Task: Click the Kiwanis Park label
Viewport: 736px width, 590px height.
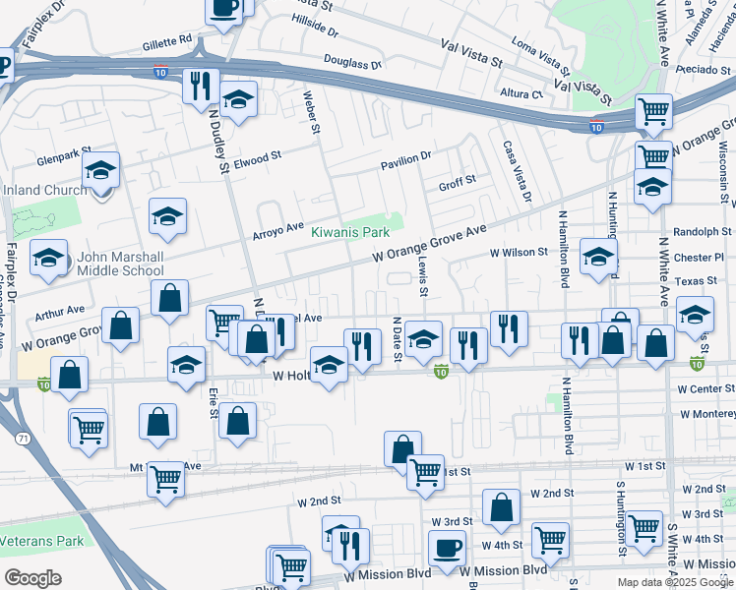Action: (350, 232)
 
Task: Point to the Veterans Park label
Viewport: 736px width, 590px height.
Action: (41, 541)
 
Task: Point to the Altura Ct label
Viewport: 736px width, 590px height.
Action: (521, 94)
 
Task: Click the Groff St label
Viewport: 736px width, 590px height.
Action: (457, 182)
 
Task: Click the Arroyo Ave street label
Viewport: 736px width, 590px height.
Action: (278, 229)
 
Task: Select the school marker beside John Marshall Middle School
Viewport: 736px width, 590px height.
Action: (49, 258)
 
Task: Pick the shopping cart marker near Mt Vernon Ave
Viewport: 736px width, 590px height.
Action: (165, 479)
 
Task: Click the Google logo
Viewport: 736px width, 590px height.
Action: (32, 578)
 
